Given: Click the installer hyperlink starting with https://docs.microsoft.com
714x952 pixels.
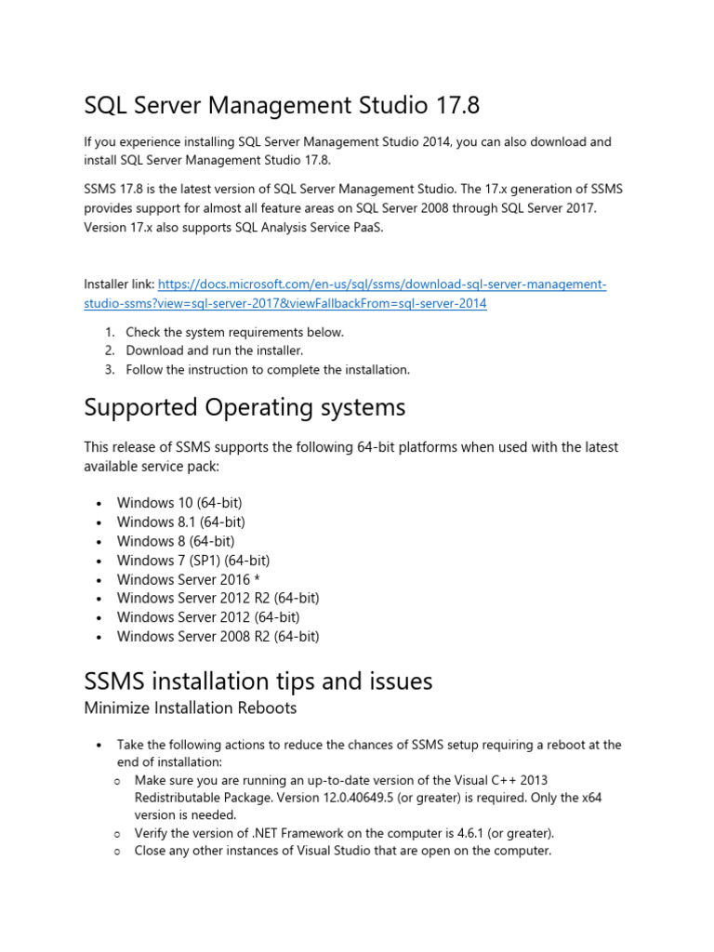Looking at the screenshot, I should pos(381,284).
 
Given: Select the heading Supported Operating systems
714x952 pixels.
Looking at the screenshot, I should pos(245,407).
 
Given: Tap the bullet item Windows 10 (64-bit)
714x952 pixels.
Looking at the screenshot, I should pos(179,503).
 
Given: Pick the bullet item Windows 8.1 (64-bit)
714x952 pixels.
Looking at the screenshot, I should pos(180,522).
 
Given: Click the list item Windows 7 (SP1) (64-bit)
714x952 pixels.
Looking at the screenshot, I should pos(193,561).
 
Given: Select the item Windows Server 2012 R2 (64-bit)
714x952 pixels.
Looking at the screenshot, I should pos(218,599).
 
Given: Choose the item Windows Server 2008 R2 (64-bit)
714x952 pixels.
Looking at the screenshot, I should pos(218,637).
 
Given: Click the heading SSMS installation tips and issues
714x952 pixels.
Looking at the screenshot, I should pos(258,681).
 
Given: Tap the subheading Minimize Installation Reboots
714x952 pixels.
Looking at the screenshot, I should pos(191,708).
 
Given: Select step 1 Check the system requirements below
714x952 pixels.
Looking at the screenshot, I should pos(234,332).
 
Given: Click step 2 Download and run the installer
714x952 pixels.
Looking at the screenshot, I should pos(215,350).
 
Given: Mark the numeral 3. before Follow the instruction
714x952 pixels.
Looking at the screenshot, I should pos(109,370).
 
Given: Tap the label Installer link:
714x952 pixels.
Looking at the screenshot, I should pos(119,284).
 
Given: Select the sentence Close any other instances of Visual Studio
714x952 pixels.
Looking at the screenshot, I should pos(342,851).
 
